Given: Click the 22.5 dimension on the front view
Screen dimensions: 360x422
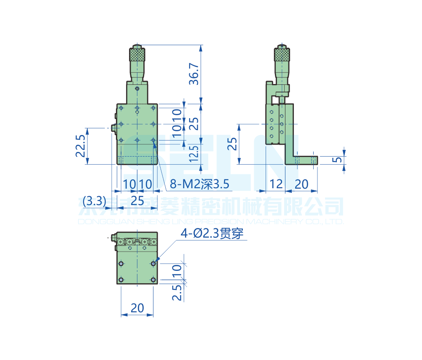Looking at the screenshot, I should pos(81,146).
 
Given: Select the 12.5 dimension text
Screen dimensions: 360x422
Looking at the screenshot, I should pos(194,155).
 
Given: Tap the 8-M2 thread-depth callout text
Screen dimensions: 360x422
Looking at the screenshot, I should pos(199,184).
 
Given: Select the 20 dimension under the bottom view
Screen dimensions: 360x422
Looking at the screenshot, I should pos(137,308).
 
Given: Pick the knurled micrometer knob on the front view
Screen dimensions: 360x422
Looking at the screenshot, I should pos(137,54).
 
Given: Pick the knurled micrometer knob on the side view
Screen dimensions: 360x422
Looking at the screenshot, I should pos(282,54).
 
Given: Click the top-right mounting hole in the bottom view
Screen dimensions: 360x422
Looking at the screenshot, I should pos(153,263).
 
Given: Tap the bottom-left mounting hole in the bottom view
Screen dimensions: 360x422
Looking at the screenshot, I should pos(121,279).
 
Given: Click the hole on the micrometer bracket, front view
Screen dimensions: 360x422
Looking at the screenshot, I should pos(137,88).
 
